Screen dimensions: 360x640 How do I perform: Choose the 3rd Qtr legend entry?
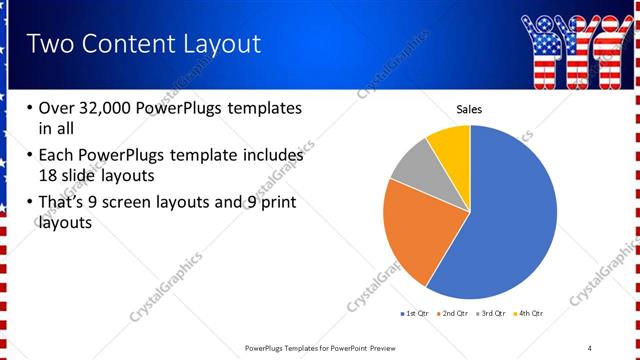491,314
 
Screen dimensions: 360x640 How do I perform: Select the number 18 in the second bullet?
49,176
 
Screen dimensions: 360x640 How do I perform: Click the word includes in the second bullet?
271,156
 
